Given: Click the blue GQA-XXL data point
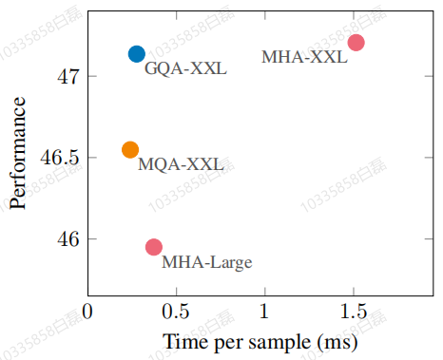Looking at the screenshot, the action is tap(137, 54).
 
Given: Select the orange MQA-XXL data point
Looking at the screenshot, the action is tap(130, 149).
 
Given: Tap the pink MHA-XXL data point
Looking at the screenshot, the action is tap(356, 43).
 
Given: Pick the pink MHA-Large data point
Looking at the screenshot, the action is tap(154, 247).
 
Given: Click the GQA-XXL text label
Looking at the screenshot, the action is tap(185, 68).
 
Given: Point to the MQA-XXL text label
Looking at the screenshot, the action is tap(181, 164).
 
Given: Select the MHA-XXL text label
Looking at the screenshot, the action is tap(304, 57).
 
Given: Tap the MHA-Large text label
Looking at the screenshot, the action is tap(207, 262).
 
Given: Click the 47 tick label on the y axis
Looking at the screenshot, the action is tap(67, 76).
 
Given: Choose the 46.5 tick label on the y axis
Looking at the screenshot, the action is tap(60, 158).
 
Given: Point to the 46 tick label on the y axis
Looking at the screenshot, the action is tap(67, 238).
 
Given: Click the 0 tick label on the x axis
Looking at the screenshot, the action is tap(87, 312).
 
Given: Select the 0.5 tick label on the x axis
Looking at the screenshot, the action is tap(176, 312).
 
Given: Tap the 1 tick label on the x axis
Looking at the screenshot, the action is tap(264, 312).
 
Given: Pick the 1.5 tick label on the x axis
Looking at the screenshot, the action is tap(354, 312).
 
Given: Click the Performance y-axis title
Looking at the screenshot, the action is tap(17, 153).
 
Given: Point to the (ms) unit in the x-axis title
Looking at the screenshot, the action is tap(337, 343).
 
